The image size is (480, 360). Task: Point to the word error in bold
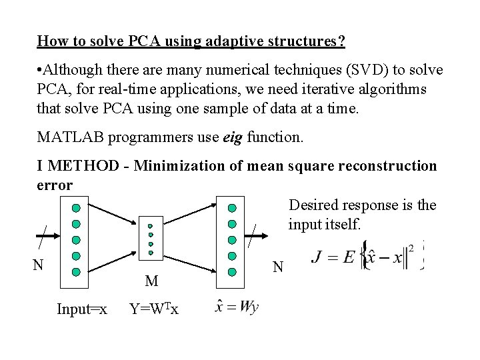(x=55, y=185)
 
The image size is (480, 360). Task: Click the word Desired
(x=313, y=205)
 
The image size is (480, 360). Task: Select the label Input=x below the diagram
(x=82, y=309)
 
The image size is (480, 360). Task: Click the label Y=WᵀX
(x=154, y=309)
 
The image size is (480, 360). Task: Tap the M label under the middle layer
(x=151, y=281)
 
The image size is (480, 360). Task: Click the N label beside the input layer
(x=39, y=265)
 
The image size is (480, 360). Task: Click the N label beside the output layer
(x=278, y=267)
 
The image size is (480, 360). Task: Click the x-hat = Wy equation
(x=237, y=307)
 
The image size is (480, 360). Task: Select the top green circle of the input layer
(x=77, y=208)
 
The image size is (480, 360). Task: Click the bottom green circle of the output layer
(x=232, y=271)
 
